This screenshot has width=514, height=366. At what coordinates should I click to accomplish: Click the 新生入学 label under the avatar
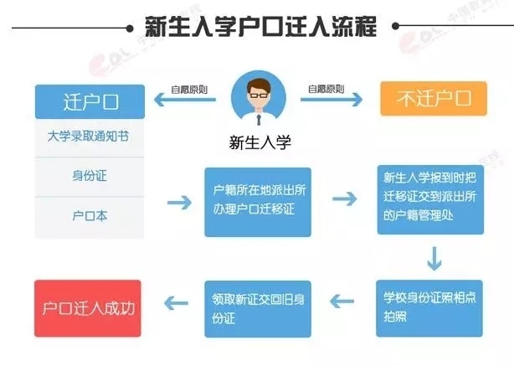(258, 141)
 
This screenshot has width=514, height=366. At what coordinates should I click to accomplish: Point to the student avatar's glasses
(258, 95)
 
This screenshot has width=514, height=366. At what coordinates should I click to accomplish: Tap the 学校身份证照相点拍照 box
(432, 304)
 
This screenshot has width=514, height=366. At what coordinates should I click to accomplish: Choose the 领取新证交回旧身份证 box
(257, 304)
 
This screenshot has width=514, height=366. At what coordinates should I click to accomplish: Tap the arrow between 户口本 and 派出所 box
(179, 202)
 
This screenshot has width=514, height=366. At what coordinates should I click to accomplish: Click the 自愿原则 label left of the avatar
(187, 88)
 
